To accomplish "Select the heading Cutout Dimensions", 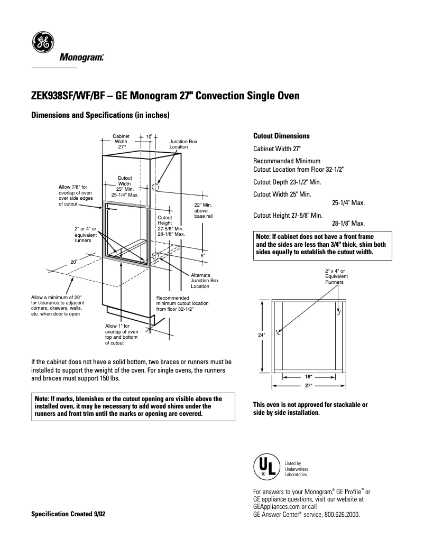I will [x=281, y=136].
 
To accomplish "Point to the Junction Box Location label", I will [x=183, y=144].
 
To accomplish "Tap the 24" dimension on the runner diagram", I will [x=261, y=335].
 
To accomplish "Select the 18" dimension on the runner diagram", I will [x=308, y=377].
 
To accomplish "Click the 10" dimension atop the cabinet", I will [x=149, y=137].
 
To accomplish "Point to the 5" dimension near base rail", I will [x=203, y=255].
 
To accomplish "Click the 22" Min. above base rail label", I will [x=203, y=210].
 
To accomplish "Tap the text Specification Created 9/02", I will [x=68, y=514].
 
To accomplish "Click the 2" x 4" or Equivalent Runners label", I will [x=335, y=276].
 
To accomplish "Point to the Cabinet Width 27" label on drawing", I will [x=121, y=142].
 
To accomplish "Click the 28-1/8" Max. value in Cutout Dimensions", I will [x=348, y=224].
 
